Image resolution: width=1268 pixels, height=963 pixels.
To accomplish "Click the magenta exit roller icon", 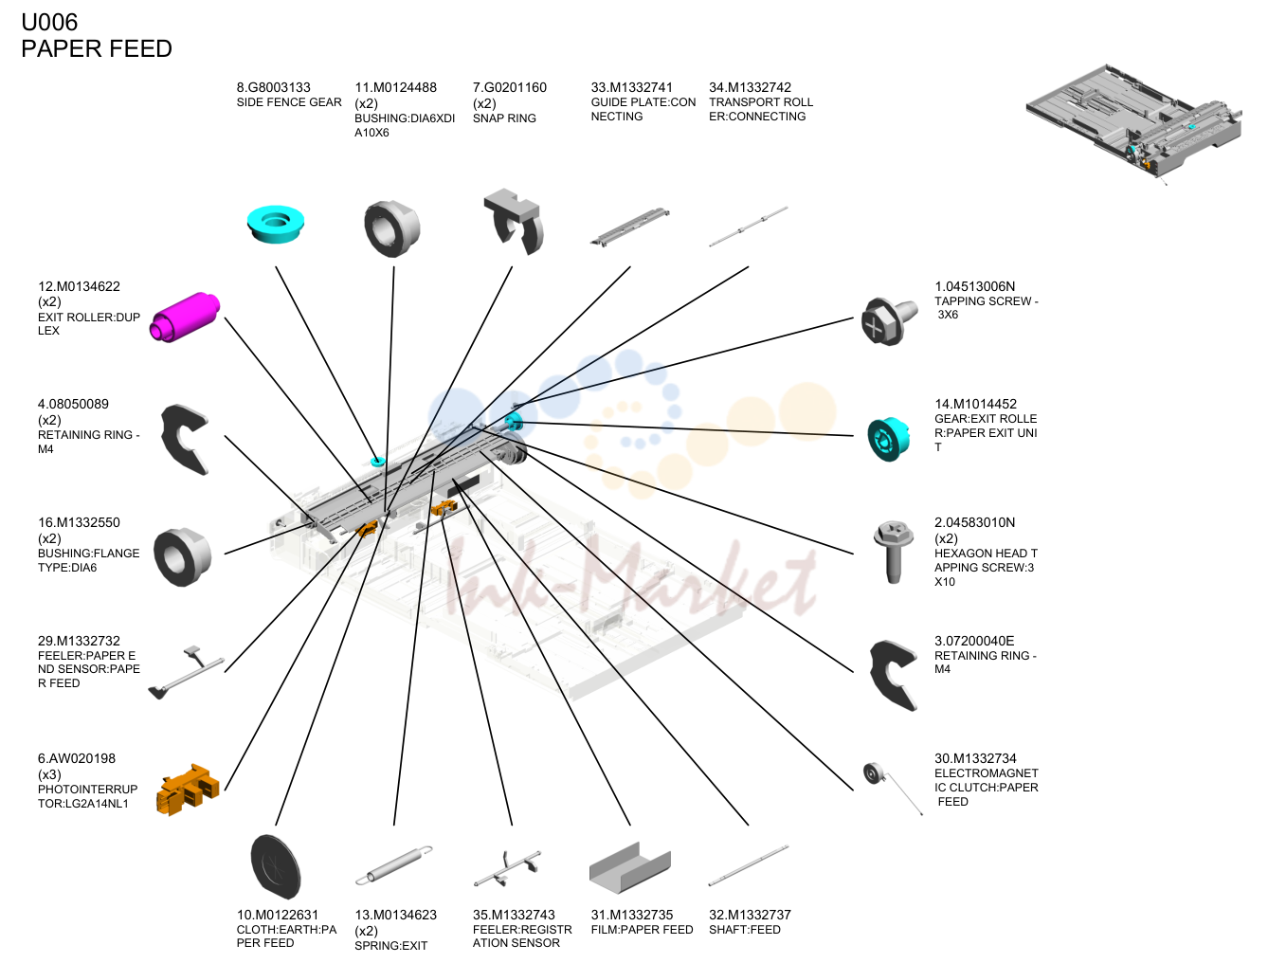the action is [x=185, y=318].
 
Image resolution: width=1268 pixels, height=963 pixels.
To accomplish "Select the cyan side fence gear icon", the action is [x=276, y=224].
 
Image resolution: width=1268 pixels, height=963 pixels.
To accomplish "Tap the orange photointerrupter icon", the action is [x=188, y=790].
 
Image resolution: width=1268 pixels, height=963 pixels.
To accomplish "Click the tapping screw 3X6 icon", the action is [x=889, y=321].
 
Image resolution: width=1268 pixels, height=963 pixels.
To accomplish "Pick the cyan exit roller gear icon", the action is [x=889, y=439].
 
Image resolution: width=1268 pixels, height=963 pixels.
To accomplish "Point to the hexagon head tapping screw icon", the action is [x=893, y=552].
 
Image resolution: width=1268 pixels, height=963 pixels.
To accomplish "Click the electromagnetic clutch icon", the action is [x=892, y=788].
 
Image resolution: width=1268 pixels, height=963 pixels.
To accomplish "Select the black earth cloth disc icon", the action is [x=276, y=866].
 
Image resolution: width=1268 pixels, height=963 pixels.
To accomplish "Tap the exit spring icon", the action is [x=394, y=865].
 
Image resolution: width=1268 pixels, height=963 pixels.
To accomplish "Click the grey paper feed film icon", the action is [x=629, y=867].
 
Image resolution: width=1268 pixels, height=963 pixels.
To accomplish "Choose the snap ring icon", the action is [x=514, y=221].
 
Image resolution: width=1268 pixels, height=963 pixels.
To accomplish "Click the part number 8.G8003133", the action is [x=273, y=88].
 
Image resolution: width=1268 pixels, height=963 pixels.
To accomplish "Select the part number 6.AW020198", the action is [x=76, y=758].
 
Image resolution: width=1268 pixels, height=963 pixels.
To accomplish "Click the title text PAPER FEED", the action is [x=97, y=48].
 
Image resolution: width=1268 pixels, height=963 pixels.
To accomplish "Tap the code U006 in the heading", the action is [x=49, y=22].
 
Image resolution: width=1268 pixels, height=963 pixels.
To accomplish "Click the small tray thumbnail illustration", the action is [x=1133, y=123].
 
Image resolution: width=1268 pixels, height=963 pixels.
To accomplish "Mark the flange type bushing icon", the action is [x=182, y=557].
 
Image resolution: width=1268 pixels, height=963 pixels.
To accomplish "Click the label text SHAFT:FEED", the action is [x=745, y=930].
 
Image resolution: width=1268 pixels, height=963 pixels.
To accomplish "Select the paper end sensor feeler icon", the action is [x=186, y=672].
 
